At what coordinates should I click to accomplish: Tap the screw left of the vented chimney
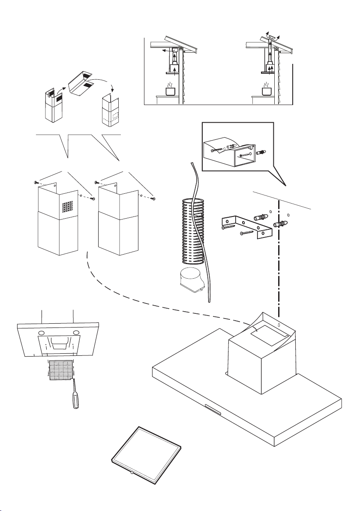coord(36,183)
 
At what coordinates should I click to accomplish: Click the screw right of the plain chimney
coord(155,198)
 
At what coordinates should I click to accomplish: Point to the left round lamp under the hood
coord(42,333)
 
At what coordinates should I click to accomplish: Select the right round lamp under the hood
coord(76,333)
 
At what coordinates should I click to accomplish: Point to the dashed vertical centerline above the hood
coord(281,257)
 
